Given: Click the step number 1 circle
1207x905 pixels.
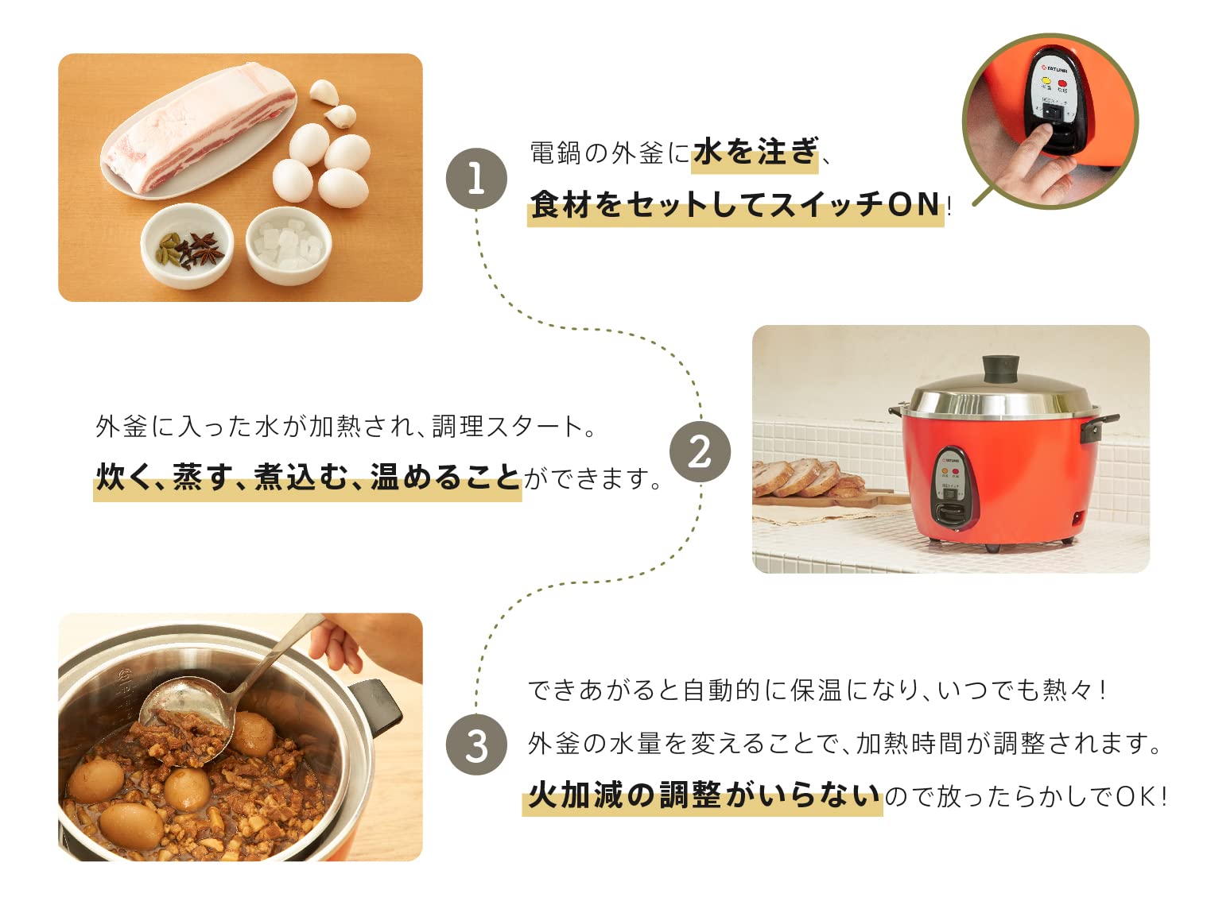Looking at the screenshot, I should [x=476, y=179].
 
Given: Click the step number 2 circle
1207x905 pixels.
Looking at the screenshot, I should [x=700, y=451].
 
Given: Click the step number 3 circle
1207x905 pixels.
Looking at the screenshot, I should [x=476, y=745].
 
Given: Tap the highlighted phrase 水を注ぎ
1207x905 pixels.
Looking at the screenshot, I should [x=755, y=151].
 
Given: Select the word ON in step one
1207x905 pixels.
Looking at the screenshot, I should [x=914, y=204].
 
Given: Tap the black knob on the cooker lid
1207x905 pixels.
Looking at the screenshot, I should [x=1000, y=369].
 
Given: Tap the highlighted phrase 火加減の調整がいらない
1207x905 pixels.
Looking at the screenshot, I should [x=703, y=795].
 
